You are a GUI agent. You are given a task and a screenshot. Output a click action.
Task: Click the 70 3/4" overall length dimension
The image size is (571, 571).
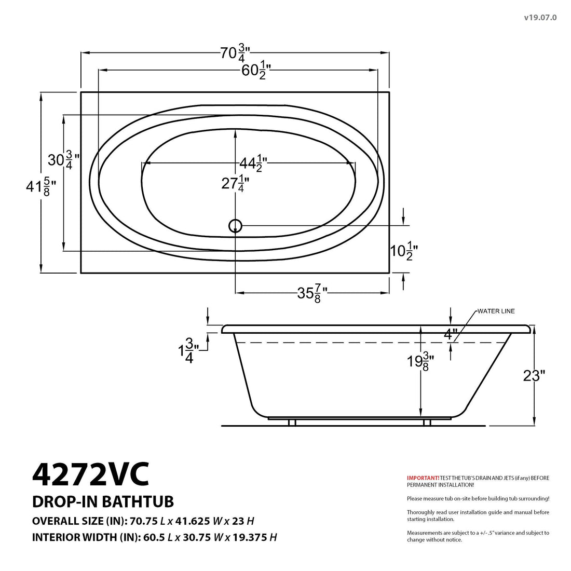tap(235, 53)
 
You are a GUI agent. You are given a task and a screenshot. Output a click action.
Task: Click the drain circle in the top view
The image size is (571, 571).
tap(235, 226)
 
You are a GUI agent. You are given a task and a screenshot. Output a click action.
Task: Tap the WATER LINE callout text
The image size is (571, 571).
tap(496, 311)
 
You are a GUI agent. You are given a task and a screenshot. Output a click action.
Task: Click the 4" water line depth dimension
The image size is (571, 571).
tap(450, 333)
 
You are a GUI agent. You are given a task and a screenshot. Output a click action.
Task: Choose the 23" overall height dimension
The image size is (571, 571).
tap(534, 376)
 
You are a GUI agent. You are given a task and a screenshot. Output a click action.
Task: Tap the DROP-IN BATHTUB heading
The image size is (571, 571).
tap(103, 501)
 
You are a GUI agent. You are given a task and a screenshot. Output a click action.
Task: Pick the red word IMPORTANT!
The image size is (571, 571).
tap(423, 478)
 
